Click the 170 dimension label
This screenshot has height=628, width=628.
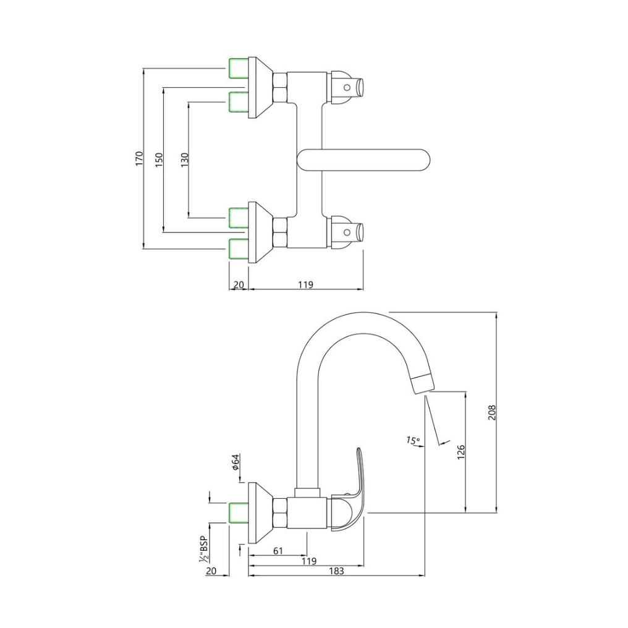[139, 158]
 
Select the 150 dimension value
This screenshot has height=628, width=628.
[158, 159]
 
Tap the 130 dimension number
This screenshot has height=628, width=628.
[184, 159]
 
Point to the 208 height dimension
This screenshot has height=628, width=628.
[492, 412]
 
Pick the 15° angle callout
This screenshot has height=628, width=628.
[413, 441]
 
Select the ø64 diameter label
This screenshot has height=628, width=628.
[235, 462]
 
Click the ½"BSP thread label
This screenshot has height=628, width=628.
[203, 548]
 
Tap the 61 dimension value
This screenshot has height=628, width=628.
[278, 551]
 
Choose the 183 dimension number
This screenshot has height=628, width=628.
[336, 571]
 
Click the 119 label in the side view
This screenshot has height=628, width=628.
[309, 561]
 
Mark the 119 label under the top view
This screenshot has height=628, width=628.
[305, 284]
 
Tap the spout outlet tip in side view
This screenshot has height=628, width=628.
[421, 384]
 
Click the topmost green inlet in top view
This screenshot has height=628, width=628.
[238, 68]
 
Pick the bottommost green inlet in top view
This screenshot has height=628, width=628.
[238, 248]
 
